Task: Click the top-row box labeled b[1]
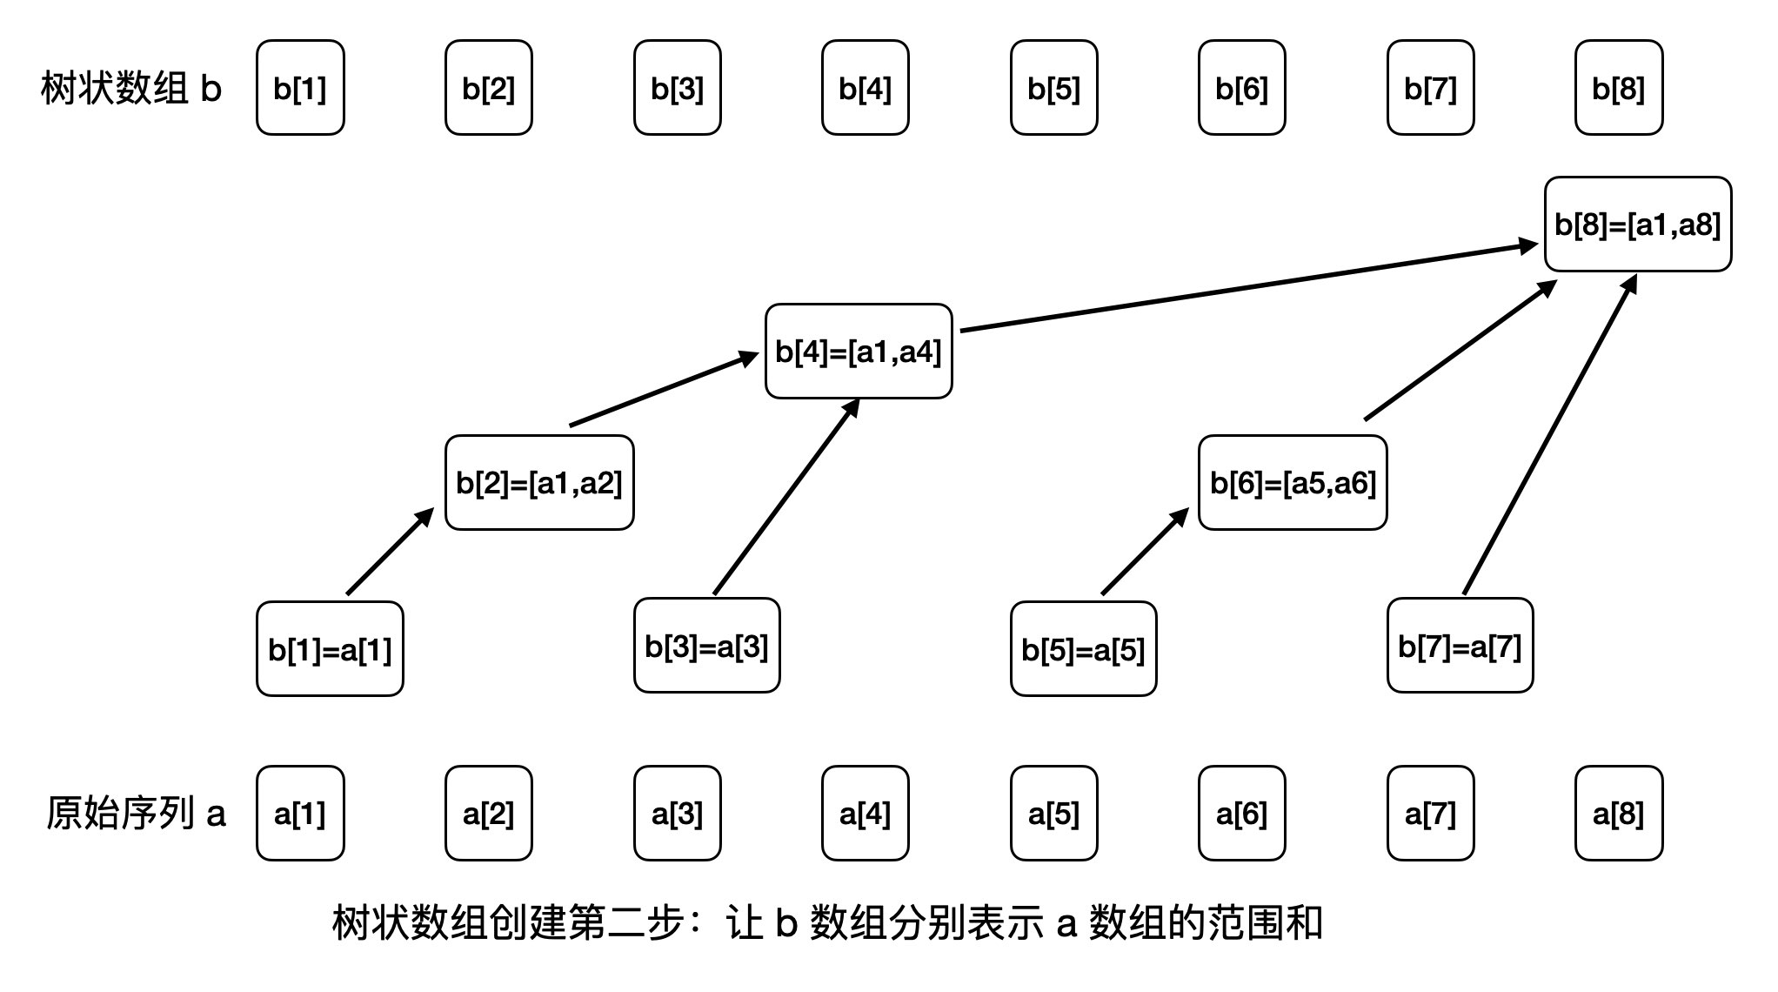point(300,88)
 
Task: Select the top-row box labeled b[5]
point(1053,88)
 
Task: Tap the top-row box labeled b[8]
point(1619,88)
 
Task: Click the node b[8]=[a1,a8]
point(1638,225)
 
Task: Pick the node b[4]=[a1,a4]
point(859,352)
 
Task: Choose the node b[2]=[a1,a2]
point(539,483)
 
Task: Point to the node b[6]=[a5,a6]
point(1293,483)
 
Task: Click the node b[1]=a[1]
point(330,649)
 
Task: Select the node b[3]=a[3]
point(706,646)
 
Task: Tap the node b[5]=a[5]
point(1083,649)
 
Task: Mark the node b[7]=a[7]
point(1460,646)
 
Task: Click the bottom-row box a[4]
point(865,814)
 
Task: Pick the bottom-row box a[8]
point(1619,814)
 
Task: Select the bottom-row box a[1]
point(300,814)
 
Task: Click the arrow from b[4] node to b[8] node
point(1248,287)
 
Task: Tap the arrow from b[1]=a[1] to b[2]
point(390,553)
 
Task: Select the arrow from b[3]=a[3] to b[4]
point(786,497)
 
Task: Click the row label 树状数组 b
point(131,89)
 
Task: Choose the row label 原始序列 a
point(136,814)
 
